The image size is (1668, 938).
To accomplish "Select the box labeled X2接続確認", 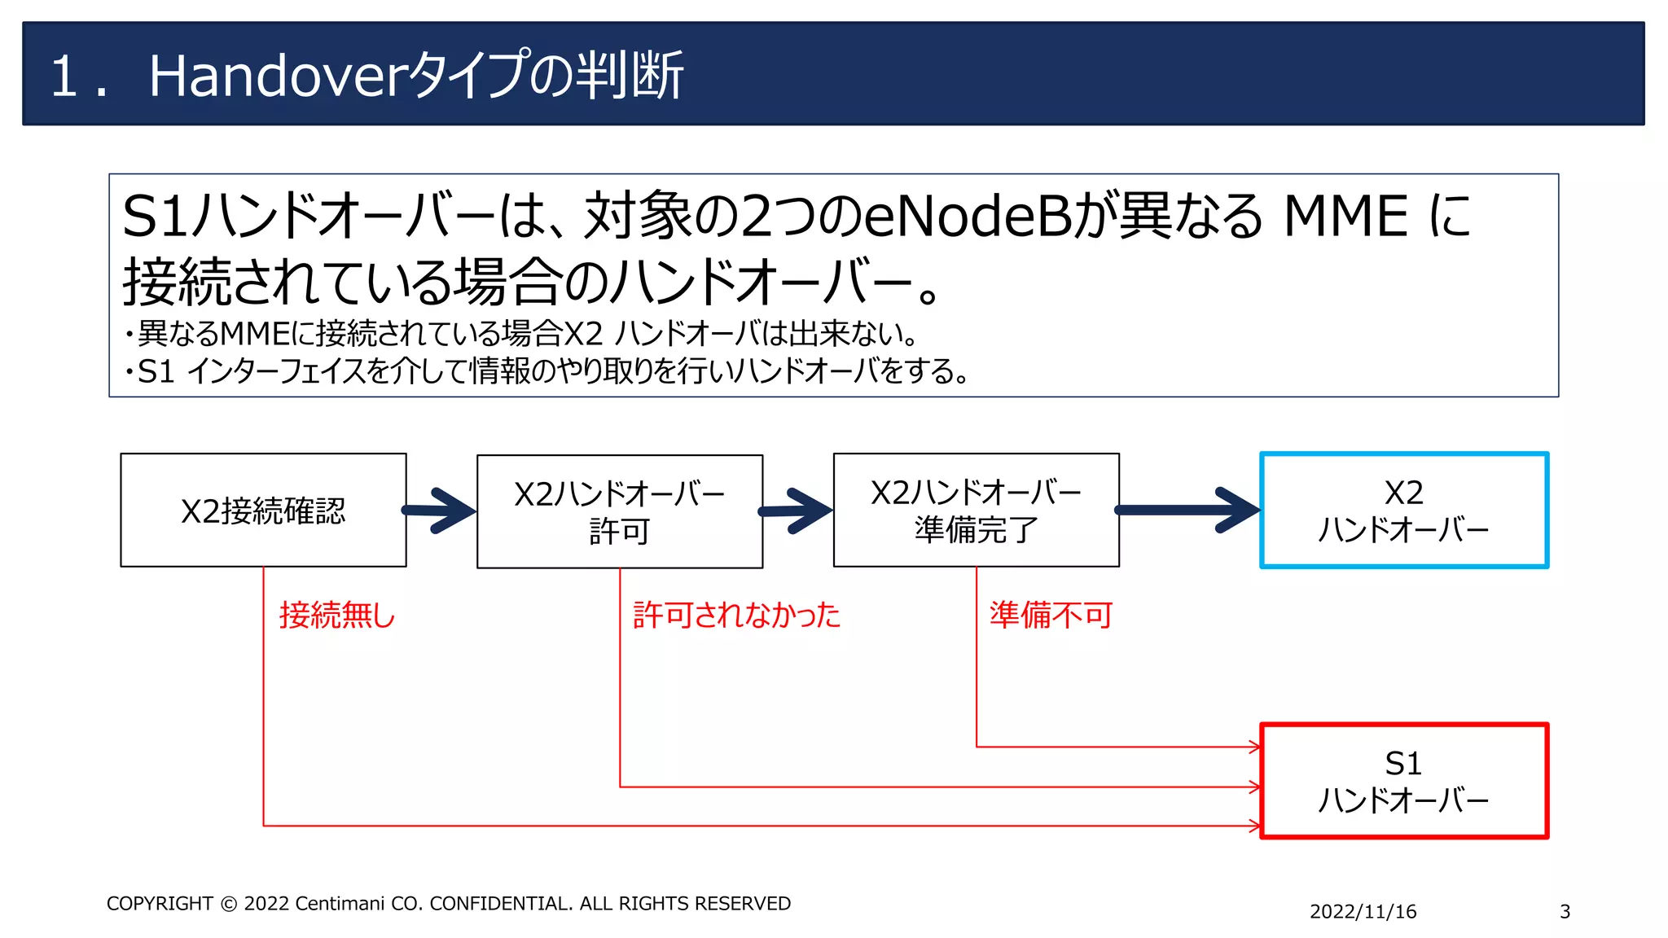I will click(x=263, y=511).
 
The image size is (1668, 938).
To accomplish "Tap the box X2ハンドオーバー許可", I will click(x=619, y=511).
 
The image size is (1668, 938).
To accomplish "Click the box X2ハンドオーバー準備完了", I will click(x=976, y=511).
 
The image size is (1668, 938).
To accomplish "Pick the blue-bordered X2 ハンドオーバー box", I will click(x=1403, y=511).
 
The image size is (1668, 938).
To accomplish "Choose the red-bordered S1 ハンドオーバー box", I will click(x=1403, y=781).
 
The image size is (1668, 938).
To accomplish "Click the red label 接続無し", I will click(x=337, y=615).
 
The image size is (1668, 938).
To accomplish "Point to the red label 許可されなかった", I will click(x=736, y=615).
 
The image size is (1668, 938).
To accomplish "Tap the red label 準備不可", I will click(x=1051, y=615).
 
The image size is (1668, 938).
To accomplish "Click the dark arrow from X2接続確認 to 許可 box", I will click(x=441, y=511).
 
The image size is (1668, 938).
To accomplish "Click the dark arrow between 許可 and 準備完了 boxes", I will click(x=797, y=511).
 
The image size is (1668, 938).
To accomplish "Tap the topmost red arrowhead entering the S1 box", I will click(x=1256, y=747).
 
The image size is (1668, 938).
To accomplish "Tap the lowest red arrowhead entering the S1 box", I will click(x=1256, y=826).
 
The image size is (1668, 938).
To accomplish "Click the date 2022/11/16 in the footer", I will click(x=1363, y=912).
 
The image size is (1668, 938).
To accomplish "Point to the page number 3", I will click(x=1565, y=912).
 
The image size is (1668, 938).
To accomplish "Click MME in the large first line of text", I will click(x=1345, y=217).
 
